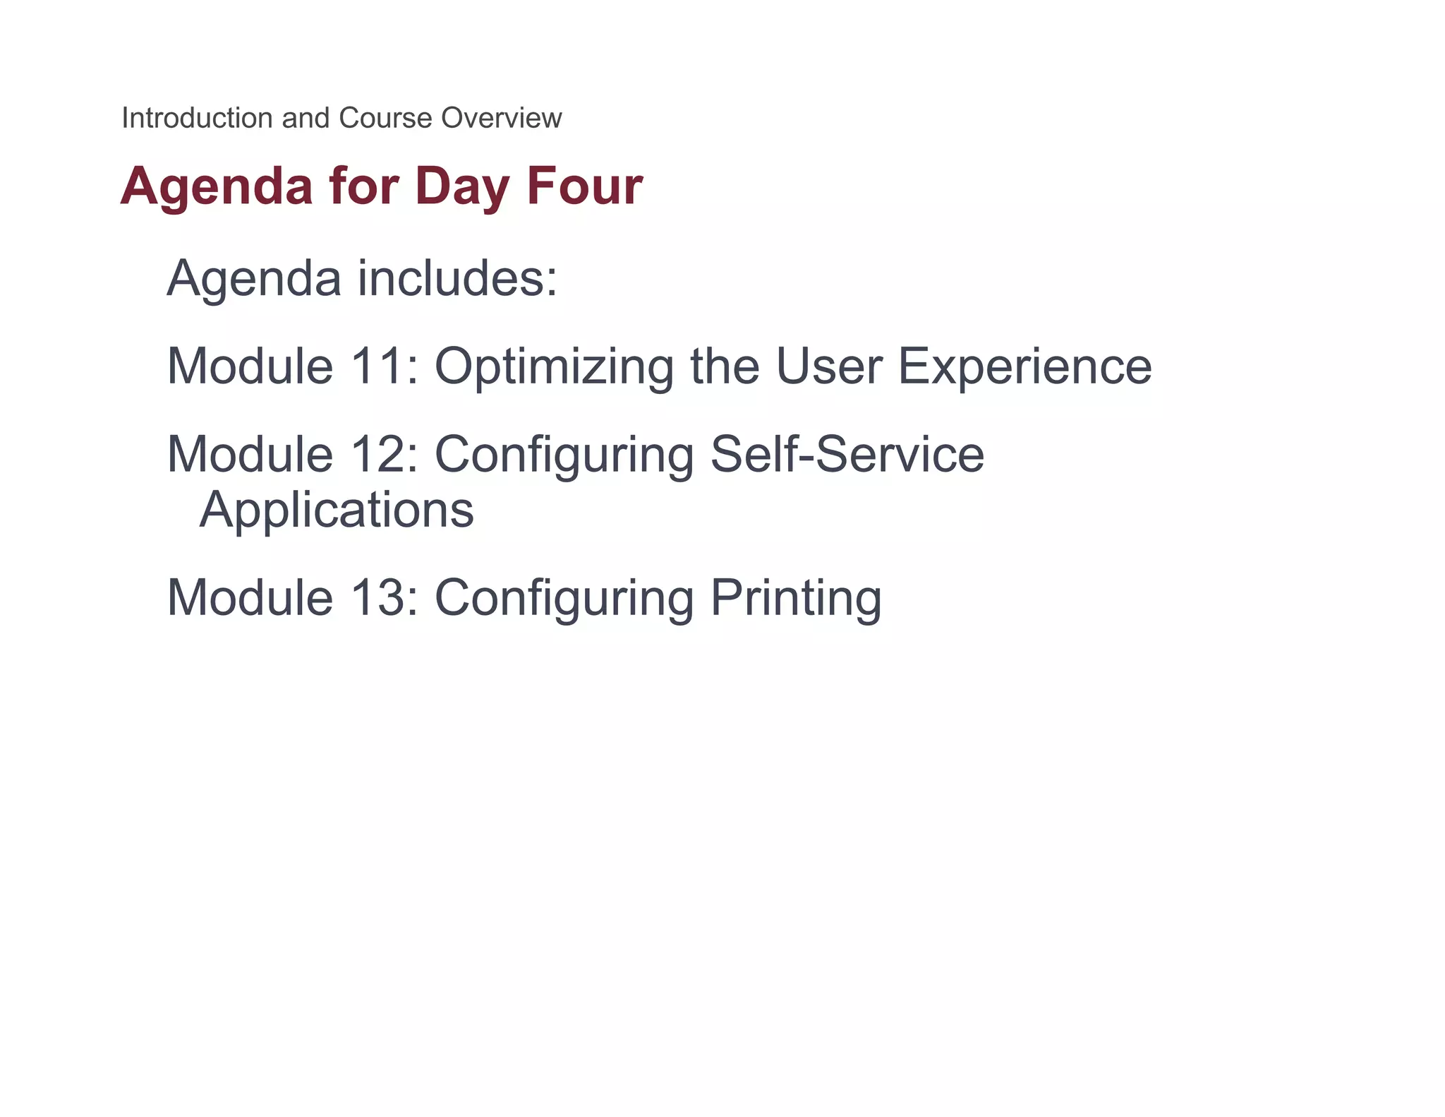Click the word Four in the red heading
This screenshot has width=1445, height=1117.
[584, 186]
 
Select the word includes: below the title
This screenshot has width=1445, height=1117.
[457, 278]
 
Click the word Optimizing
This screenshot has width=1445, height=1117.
[554, 368]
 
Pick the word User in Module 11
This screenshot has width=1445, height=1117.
[829, 366]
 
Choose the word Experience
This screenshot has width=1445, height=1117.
[1024, 368]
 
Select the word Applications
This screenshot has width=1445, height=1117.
[337, 510]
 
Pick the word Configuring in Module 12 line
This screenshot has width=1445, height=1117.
[564, 455]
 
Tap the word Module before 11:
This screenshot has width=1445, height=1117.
[250, 366]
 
